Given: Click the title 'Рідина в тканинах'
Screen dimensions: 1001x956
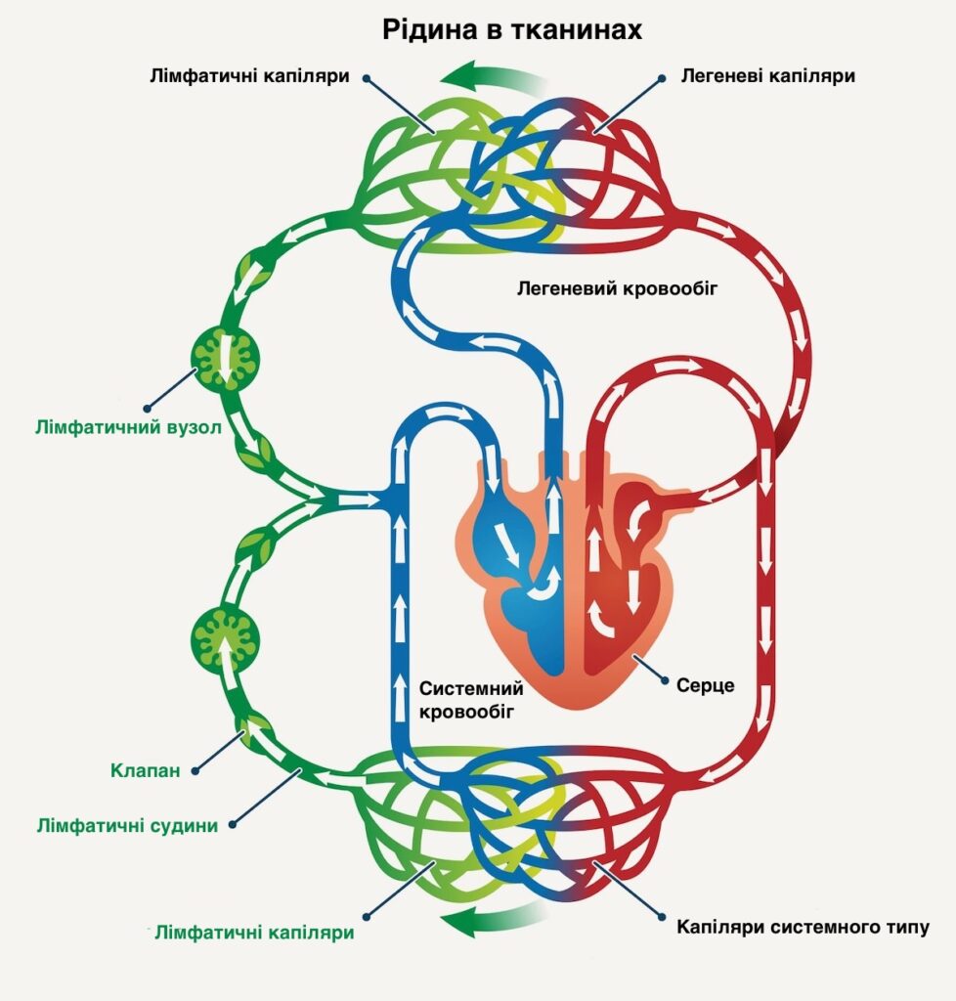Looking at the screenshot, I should pos(512,30).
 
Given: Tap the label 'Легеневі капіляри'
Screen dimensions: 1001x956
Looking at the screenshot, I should pos(767,75).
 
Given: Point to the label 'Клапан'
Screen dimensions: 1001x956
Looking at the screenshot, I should pos(145,771).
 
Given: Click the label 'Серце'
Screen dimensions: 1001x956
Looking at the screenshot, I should pos(705,685).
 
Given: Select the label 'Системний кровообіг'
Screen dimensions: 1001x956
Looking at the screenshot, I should pos(466,700).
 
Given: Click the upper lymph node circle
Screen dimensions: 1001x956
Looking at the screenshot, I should pos(226,357).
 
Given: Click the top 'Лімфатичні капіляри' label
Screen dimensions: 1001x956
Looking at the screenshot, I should pos(250,75).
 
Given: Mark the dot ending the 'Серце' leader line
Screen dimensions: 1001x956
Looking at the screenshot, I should pos(666,681).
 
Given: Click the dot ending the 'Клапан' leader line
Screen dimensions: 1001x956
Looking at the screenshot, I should pos(196,771).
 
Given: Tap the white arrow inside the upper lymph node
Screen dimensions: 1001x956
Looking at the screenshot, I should pos(226,357).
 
